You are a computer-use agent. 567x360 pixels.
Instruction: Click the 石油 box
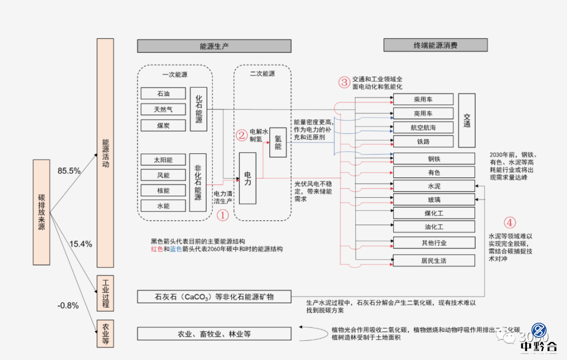click(x=163, y=94)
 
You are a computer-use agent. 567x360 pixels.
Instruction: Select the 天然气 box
click(x=163, y=110)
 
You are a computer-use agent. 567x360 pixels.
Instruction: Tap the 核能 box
click(x=163, y=190)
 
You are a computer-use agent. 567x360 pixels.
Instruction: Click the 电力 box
click(x=247, y=178)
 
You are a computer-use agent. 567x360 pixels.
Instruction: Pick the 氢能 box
click(x=278, y=142)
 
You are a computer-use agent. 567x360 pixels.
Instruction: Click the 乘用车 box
click(x=423, y=99)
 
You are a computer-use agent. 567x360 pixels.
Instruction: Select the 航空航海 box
click(x=423, y=128)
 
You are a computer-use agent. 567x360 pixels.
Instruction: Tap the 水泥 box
click(x=434, y=186)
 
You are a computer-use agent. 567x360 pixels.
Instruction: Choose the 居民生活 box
click(x=434, y=260)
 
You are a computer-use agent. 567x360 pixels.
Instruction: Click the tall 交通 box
click(x=467, y=121)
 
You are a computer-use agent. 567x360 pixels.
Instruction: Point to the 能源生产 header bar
click(x=214, y=46)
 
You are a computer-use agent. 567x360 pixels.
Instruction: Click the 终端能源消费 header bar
click(x=435, y=45)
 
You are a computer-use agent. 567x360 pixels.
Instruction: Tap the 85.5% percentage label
click(x=69, y=171)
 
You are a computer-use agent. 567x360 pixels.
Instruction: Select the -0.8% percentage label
click(x=68, y=306)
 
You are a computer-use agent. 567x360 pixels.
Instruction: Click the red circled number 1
click(x=223, y=215)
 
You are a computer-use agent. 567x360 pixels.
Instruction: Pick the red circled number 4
click(x=510, y=222)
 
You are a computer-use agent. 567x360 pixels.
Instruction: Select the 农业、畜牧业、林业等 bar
click(x=214, y=334)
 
